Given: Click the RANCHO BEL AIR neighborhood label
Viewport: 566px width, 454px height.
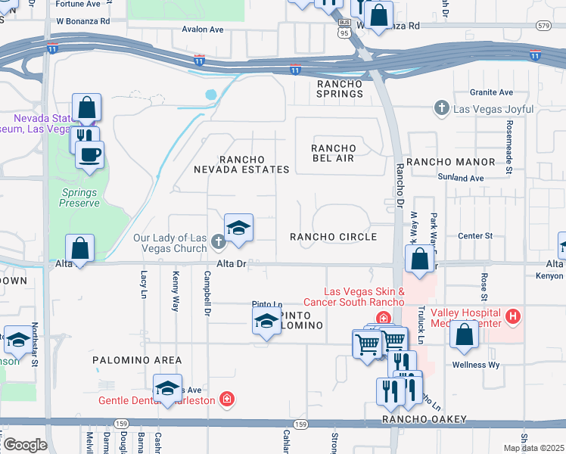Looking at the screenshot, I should (334, 152).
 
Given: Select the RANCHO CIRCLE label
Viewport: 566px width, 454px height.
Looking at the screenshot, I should (334, 237).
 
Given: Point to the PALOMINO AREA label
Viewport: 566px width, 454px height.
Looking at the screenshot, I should (137, 360).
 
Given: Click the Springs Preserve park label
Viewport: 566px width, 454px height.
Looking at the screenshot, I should (80, 197).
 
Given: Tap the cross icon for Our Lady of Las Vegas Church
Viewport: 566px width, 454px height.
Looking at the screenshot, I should (218, 242).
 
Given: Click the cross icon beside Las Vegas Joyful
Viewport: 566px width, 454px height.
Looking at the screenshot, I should (442, 109).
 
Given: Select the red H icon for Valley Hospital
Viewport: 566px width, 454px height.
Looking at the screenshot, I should (513, 316).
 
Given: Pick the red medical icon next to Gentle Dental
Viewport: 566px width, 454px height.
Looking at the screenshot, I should (225, 399).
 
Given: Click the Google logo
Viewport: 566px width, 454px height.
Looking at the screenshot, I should (25, 445).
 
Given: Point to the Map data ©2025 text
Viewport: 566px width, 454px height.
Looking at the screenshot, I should (533, 448).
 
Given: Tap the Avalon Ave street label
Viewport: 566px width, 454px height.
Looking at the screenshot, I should (203, 30).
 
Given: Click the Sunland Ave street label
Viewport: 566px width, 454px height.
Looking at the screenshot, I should (460, 178).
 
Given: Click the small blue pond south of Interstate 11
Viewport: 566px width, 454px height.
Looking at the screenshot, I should (210, 95).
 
